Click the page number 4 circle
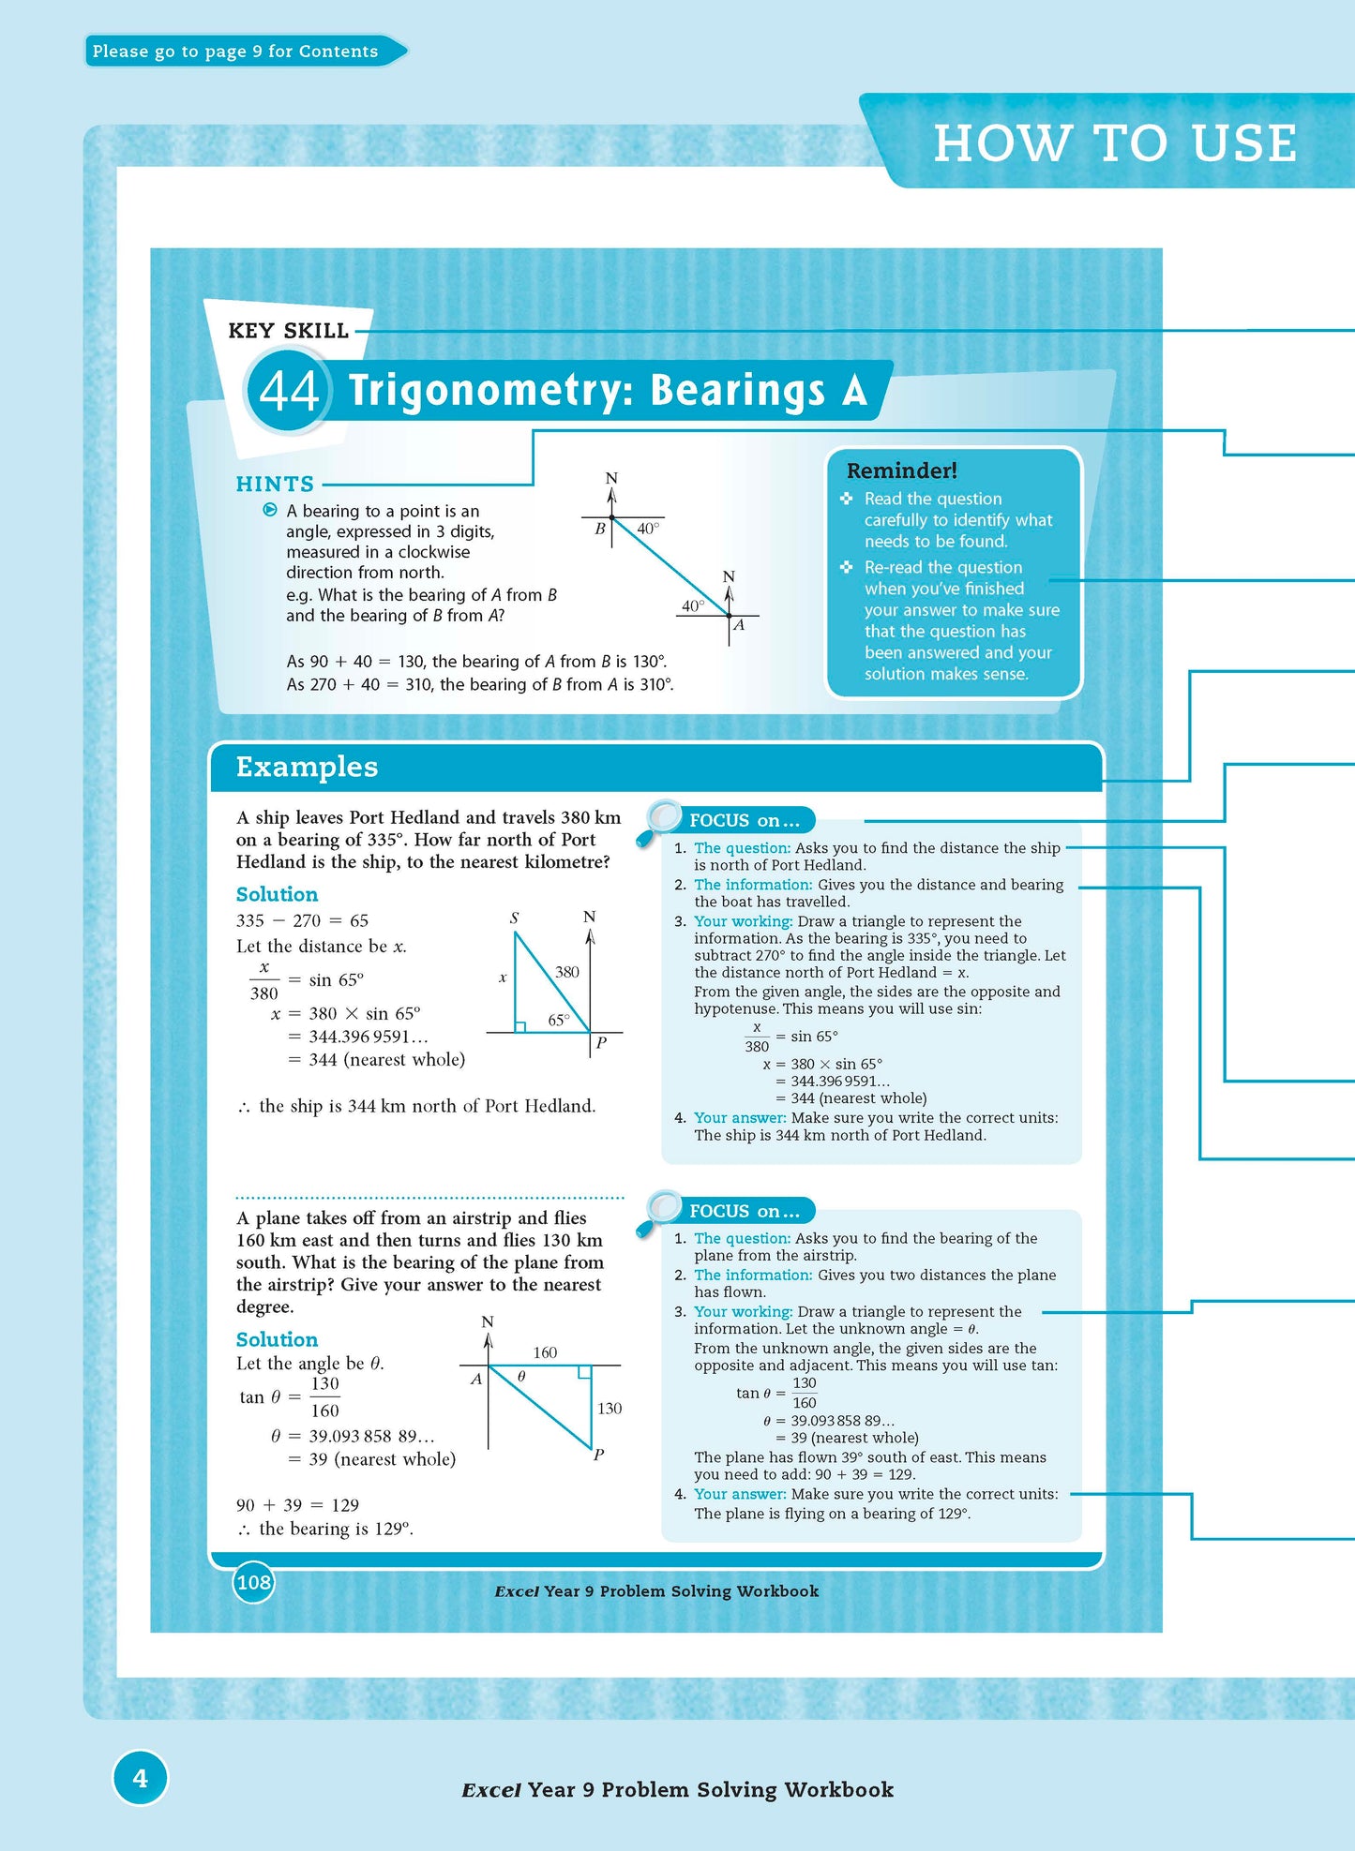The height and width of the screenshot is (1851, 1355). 140,1778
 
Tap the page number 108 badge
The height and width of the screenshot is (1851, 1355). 253,1583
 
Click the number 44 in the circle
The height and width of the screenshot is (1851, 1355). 289,391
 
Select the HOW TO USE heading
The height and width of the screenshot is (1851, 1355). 1114,143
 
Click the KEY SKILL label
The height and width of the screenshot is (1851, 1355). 288,331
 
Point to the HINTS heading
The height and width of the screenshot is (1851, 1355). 275,484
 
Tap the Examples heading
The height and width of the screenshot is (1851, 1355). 307,767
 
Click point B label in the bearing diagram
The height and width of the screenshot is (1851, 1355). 600,529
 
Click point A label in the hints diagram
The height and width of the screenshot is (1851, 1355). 739,625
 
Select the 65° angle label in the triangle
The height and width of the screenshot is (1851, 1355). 559,1020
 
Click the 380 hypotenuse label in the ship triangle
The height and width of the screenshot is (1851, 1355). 567,972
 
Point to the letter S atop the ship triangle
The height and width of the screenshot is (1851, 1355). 514,918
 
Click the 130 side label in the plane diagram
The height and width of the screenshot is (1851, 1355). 610,1408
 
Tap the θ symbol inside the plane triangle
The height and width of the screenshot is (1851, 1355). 521,1377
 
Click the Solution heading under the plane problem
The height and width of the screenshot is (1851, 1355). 277,1339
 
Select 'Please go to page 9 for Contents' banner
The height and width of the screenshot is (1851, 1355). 236,52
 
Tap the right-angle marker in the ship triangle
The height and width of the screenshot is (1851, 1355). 520,1027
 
